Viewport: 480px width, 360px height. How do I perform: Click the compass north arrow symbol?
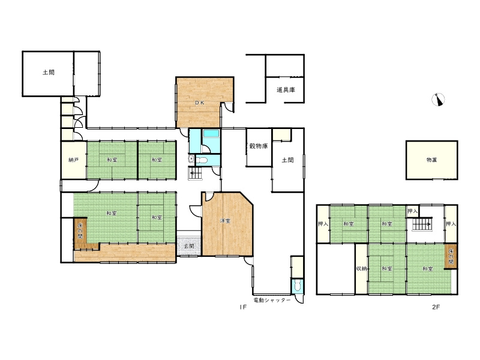coord(438,99)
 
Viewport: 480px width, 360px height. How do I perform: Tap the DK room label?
coord(200,103)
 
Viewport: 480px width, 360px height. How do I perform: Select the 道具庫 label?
coord(286,90)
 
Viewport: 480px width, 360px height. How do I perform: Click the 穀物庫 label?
coord(259,146)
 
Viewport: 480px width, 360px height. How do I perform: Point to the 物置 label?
coord(431,160)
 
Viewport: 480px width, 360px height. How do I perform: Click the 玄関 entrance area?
coord(189,246)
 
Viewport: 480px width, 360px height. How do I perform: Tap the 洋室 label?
coord(225,220)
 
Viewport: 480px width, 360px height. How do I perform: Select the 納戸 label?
coord(73,160)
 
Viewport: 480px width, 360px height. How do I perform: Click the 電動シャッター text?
coord(272,301)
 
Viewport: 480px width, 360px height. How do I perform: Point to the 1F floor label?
coord(243,307)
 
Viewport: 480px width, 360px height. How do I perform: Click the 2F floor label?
coord(436,307)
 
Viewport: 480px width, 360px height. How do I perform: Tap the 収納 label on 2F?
coord(362,268)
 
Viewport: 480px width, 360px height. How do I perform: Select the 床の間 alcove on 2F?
coord(451,257)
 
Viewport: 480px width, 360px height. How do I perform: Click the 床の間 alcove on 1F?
coord(80,230)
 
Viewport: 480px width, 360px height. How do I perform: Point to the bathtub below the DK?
coord(211,133)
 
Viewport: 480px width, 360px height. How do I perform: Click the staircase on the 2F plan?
coord(422,225)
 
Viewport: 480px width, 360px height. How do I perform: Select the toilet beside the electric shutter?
coord(297,286)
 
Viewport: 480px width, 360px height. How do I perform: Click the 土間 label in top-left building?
coord(49,73)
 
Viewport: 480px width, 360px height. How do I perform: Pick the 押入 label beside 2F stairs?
coord(412,211)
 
